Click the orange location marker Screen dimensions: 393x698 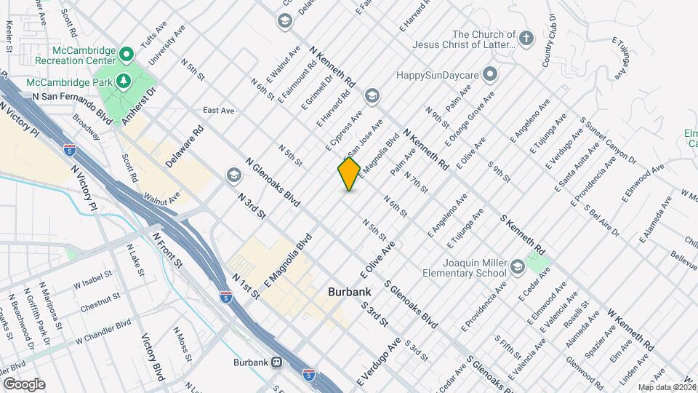(349, 174)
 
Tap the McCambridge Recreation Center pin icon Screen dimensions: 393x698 (125, 53)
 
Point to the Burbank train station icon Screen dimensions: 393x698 (276, 362)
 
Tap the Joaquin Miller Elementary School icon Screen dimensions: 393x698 (517, 266)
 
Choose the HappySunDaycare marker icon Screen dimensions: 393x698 (491, 74)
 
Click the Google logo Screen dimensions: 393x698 (25, 384)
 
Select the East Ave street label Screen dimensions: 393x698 (218, 111)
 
